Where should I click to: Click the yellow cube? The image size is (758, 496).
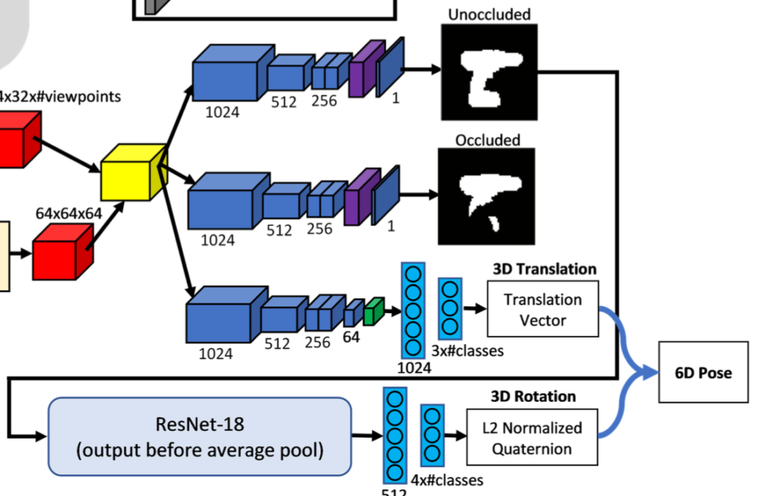coord(131,172)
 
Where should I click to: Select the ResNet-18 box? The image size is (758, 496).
coord(199,437)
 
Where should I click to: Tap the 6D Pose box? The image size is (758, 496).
coord(702,372)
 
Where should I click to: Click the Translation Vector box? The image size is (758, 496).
coord(543,309)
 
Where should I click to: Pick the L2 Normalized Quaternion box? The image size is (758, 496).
coord(532,438)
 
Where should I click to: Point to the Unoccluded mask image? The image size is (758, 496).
coord(488,72)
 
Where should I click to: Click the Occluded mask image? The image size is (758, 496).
coord(486,196)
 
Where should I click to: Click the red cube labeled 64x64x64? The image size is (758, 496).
coord(63,252)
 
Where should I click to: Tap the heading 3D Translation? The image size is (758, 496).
coord(544,269)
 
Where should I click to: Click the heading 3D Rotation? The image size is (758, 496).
coord(532,396)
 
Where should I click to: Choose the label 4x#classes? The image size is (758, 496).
coord(446,480)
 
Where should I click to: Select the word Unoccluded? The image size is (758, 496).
coord(489,14)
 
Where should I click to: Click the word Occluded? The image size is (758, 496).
coord(488,140)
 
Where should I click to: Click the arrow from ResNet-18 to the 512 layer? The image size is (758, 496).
coord(366,437)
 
